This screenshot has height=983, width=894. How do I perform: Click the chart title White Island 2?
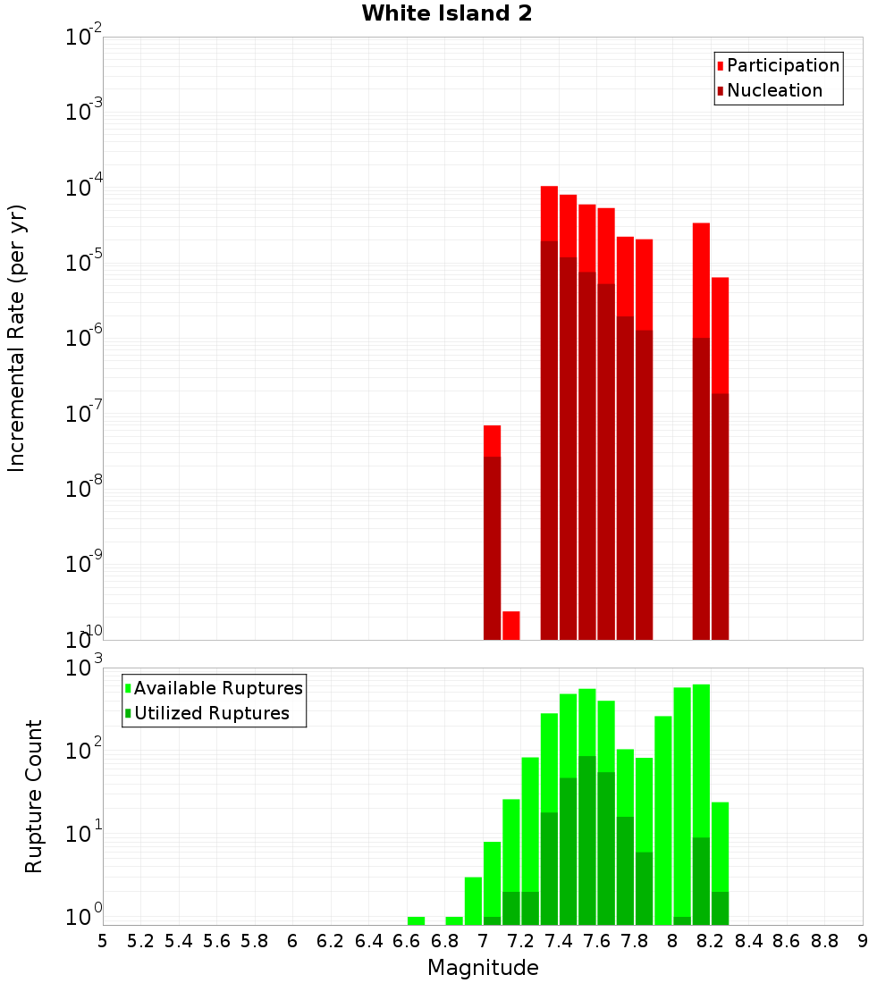(x=447, y=14)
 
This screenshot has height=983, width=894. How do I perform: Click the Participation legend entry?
(x=782, y=65)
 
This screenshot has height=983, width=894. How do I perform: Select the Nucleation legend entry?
(x=773, y=90)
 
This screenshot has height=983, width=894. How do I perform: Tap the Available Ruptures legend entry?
(x=217, y=688)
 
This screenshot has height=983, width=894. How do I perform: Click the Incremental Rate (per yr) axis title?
(x=16, y=338)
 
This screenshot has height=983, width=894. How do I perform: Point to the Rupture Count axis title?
(x=34, y=796)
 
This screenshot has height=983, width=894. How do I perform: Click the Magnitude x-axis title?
(x=483, y=968)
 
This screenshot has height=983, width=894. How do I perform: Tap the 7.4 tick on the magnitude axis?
(x=559, y=941)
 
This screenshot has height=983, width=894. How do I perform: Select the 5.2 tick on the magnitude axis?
(x=140, y=941)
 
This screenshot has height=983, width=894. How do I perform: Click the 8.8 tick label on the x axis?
(x=824, y=941)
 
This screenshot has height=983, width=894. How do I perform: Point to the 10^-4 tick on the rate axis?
(x=84, y=188)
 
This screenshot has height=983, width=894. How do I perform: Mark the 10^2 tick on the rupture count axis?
(x=84, y=751)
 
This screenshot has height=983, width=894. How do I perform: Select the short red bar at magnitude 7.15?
(x=511, y=626)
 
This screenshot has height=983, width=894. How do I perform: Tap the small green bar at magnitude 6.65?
(x=416, y=920)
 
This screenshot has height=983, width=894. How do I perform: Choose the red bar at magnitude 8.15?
(x=702, y=429)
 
